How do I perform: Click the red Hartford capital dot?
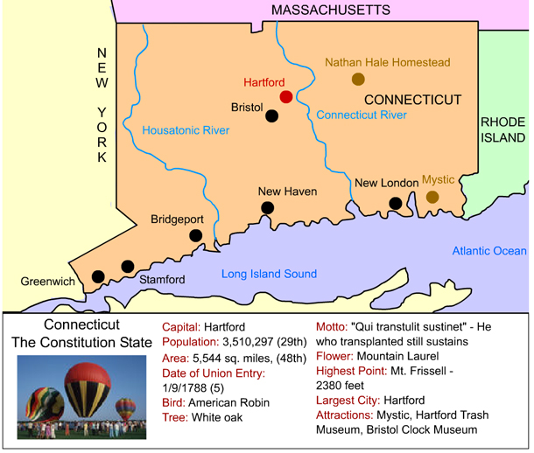(286, 96)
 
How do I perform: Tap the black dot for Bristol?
(272, 115)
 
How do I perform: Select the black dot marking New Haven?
(268, 208)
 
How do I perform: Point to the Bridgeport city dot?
(196, 235)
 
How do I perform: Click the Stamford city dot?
(128, 266)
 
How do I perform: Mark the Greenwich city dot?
(98, 276)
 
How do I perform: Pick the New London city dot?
(396, 204)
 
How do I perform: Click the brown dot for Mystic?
(432, 197)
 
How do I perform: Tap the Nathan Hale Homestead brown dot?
(358, 80)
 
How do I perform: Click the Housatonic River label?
(186, 130)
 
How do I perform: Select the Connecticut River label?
(362, 115)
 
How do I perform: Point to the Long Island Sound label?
(269, 274)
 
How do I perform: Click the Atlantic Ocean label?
(489, 251)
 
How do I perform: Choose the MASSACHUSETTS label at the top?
(330, 10)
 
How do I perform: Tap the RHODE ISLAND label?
(502, 129)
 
